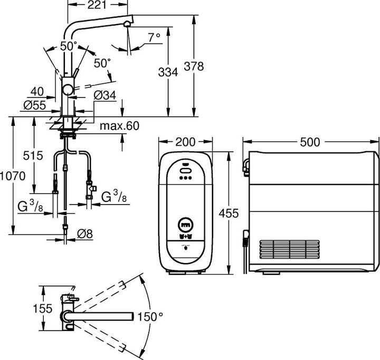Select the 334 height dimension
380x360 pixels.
click(x=168, y=73)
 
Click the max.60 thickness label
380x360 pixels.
click(x=119, y=126)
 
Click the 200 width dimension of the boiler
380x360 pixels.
click(x=186, y=142)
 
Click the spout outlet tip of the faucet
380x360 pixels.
click(x=127, y=25)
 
